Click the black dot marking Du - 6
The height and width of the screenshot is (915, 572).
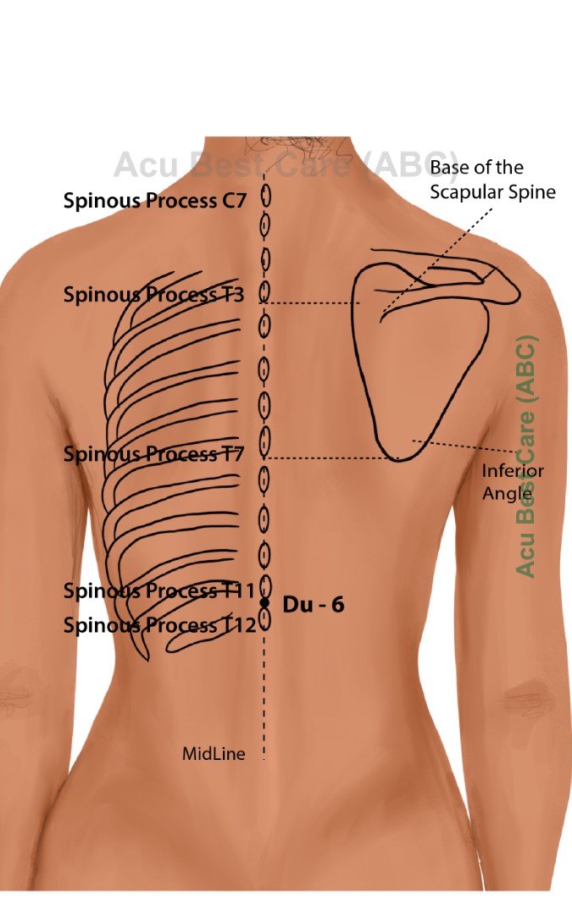pos(264,602)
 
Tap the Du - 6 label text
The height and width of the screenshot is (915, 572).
pos(313,605)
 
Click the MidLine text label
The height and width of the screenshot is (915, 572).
pos(214,753)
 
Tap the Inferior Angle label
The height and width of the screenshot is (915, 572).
pos(513,481)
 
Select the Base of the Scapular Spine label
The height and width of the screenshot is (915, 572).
pos(491,180)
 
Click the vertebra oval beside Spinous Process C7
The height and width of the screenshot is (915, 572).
pos(264,197)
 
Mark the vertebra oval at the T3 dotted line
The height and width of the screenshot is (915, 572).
pos(264,293)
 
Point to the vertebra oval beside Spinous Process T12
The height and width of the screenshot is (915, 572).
pos(264,621)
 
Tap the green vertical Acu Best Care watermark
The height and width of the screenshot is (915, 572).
pos(526,457)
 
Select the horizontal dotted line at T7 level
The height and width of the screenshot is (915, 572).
pos(330,458)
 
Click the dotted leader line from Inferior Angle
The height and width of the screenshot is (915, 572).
pos(466,446)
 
